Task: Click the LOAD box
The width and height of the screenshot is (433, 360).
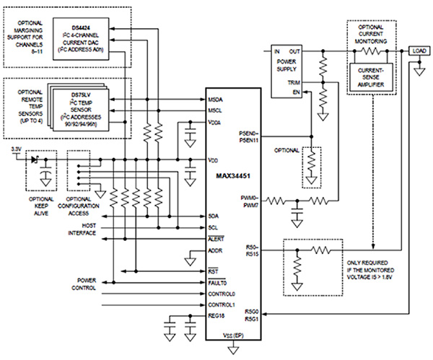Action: (x=419, y=51)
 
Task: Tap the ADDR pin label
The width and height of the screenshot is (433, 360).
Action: (x=216, y=251)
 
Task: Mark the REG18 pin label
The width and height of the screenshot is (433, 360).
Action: (x=216, y=317)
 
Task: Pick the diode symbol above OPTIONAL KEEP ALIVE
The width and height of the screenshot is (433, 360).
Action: (x=32, y=160)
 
